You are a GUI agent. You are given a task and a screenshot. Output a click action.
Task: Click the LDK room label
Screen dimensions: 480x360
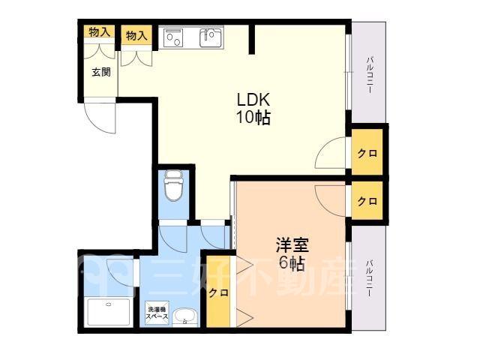click(253, 100)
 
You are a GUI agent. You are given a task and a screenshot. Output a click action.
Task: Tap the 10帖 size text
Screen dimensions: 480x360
click(253, 117)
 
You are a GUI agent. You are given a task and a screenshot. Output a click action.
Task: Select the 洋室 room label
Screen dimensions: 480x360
click(292, 244)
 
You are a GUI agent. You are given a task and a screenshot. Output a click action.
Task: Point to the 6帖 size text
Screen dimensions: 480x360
click(291, 263)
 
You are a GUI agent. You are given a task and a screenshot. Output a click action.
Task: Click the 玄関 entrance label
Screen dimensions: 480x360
click(101, 72)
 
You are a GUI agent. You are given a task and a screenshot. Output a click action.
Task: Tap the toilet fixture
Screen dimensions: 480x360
click(174, 185)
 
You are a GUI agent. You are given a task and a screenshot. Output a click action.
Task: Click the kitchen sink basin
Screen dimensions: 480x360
click(211, 37)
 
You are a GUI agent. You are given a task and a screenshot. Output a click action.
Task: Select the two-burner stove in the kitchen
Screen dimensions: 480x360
click(173, 37)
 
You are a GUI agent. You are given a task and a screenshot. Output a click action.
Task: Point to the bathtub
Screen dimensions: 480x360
click(108, 312)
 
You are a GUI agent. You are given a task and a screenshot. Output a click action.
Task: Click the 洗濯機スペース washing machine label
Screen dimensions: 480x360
click(157, 313)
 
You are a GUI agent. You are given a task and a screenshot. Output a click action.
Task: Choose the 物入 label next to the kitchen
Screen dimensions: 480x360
click(136, 35)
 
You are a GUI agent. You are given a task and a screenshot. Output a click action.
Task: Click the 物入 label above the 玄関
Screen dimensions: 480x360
click(99, 31)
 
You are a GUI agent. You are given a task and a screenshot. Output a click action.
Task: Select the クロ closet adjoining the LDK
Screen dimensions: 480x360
click(367, 153)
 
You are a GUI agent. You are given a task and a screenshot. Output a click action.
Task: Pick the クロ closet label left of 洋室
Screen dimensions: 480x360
click(218, 292)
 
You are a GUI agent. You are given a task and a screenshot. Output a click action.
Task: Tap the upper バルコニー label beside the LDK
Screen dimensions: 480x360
click(370, 75)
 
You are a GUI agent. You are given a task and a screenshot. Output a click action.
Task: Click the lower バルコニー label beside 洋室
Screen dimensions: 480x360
click(370, 278)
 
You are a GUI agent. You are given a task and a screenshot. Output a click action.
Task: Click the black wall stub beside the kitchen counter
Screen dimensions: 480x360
click(252, 38)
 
